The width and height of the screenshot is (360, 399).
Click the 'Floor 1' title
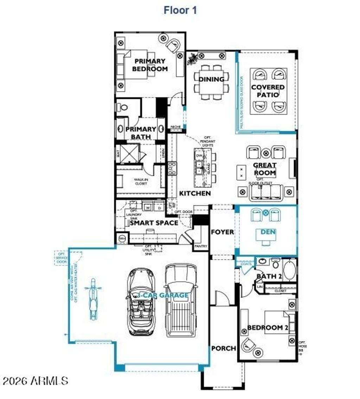pyautogui.click(x=180, y=10)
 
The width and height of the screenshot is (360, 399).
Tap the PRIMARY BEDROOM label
pyautogui.click(x=150, y=65)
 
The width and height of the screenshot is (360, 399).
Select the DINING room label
pyautogui.click(x=212, y=79)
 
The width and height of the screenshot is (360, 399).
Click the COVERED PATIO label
pyautogui.click(x=268, y=91)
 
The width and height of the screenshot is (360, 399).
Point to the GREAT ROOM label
pyautogui.click(x=265, y=169)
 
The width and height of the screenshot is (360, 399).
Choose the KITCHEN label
pyautogui.click(x=195, y=193)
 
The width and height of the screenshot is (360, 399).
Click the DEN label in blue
pyautogui.click(x=268, y=232)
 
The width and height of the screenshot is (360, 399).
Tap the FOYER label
pyautogui.click(x=222, y=232)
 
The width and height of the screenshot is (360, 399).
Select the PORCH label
pyautogui.click(x=224, y=348)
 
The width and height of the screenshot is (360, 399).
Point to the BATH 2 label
pyautogui.click(x=269, y=276)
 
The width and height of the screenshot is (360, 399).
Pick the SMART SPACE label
pyautogui.click(x=154, y=223)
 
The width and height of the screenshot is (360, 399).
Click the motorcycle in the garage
pyautogui.click(x=93, y=299)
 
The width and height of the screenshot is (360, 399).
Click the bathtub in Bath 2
pyautogui.click(x=290, y=270)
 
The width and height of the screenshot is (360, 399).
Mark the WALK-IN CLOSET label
pyautogui.click(x=141, y=181)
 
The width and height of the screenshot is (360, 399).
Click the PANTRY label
pyautogui.click(x=201, y=246)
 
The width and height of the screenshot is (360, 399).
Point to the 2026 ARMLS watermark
pyautogui.click(x=35, y=380)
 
